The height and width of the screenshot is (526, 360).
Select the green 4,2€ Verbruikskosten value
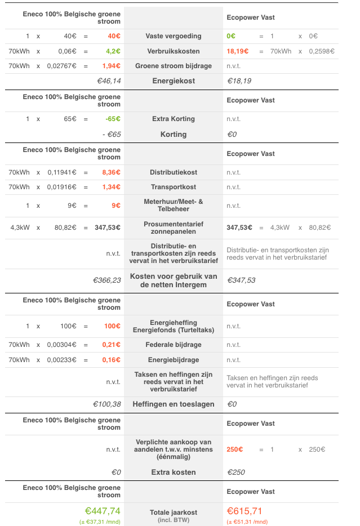(x=113, y=51)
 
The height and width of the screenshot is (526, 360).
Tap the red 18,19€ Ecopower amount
(x=238, y=51)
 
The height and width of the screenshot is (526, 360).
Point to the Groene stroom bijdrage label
(x=173, y=66)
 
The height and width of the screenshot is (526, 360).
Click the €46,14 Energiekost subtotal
(x=109, y=81)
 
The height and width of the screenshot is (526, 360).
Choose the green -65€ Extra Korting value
(x=113, y=119)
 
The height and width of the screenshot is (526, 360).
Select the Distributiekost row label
(x=173, y=172)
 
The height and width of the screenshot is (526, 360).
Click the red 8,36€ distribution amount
(x=112, y=172)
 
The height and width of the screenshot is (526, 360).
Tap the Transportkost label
(x=173, y=187)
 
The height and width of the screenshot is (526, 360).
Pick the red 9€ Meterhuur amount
(x=116, y=206)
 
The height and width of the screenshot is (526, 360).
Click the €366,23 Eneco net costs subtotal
(x=107, y=280)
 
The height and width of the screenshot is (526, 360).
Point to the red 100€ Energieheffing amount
(x=112, y=326)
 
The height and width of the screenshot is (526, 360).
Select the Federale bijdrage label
(x=173, y=345)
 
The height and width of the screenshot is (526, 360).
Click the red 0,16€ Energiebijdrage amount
(x=112, y=359)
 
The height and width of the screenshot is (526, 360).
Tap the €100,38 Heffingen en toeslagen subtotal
(x=107, y=404)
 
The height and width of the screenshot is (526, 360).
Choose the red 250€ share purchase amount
(x=234, y=449)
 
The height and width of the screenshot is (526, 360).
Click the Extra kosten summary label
(x=173, y=472)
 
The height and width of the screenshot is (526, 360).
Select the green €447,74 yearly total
(x=103, y=511)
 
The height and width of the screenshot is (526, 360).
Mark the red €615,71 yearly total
(x=245, y=511)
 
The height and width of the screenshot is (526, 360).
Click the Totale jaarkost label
(x=173, y=512)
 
